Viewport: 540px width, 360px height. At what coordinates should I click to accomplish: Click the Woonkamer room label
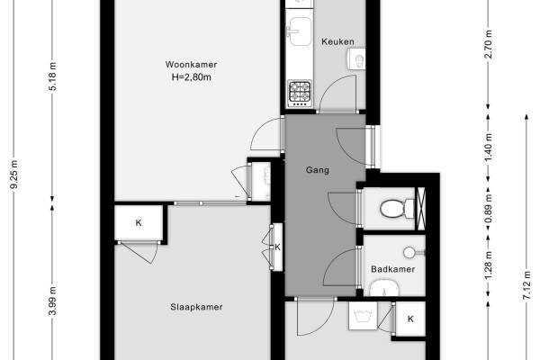(191, 65)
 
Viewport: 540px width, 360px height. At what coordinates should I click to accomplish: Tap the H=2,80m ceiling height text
(191, 77)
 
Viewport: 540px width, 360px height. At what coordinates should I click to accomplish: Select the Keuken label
(337, 41)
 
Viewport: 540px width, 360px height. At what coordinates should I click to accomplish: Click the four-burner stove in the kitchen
(300, 93)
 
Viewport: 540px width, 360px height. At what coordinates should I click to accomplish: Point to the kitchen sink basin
(301, 31)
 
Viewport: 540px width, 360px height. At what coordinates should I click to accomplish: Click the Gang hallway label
(318, 170)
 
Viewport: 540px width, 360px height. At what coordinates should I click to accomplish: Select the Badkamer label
(392, 269)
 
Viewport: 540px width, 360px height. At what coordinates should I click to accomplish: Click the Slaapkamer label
(196, 307)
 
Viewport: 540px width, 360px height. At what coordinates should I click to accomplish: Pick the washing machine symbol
(363, 316)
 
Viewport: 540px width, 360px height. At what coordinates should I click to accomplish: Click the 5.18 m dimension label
(52, 76)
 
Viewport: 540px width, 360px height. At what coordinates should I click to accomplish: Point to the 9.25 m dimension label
(14, 175)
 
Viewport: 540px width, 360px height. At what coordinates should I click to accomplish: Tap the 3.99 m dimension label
(52, 301)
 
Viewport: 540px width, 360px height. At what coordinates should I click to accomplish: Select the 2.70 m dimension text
(488, 44)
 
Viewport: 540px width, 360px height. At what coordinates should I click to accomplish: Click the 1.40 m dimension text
(488, 148)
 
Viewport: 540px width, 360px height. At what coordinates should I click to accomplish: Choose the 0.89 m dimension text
(488, 209)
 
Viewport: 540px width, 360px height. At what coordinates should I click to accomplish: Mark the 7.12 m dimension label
(526, 285)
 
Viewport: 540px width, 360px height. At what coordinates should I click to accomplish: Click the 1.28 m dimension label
(488, 266)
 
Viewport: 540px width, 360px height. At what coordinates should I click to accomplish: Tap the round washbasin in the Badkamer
(409, 253)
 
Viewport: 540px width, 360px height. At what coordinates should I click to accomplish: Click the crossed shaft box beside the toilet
(421, 209)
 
